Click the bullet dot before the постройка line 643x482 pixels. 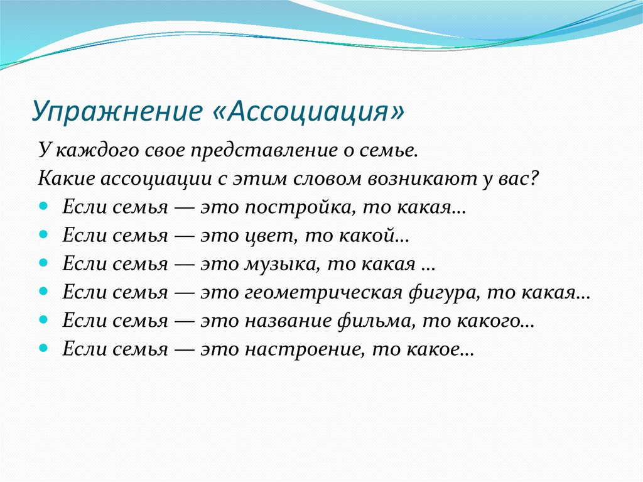coord(43,206)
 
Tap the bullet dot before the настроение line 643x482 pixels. coord(43,348)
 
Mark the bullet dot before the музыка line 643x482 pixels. coord(43,263)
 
